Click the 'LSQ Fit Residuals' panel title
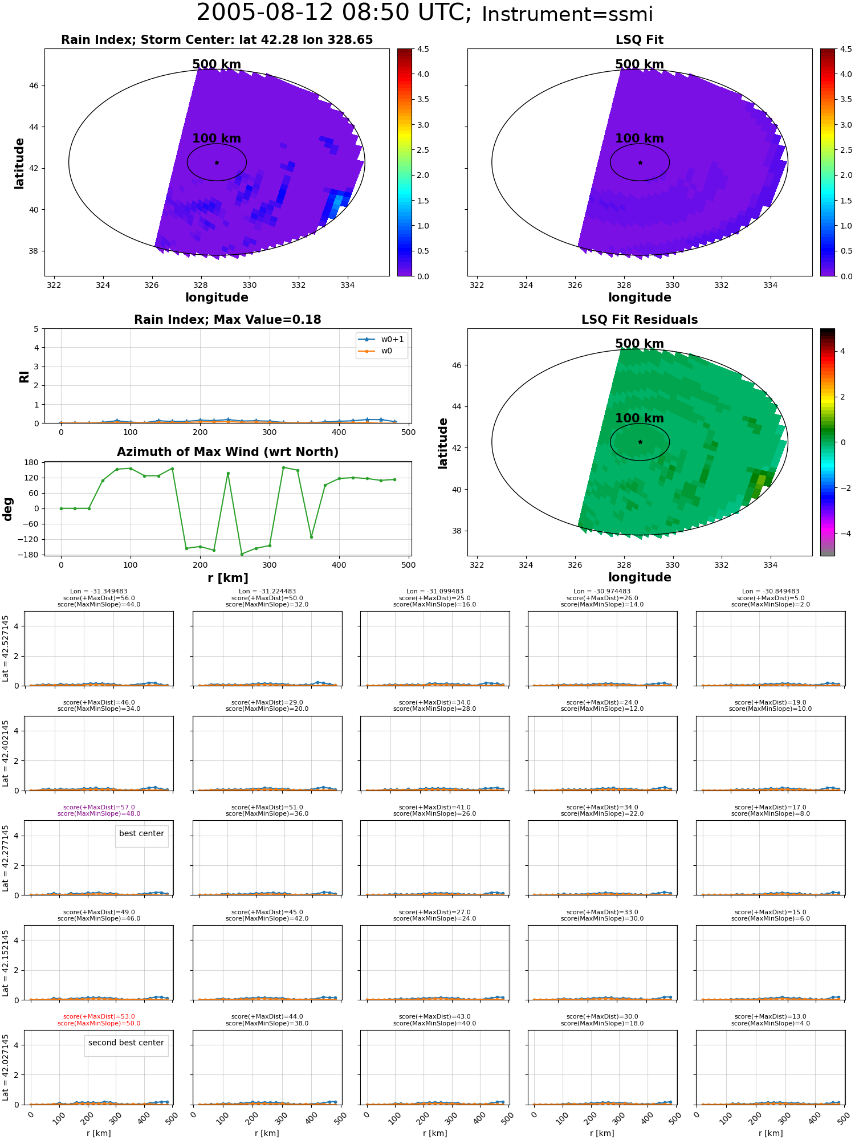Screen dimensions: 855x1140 (x=640, y=320)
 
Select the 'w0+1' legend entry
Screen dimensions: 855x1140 (x=381, y=339)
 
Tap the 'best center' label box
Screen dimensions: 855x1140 (x=141, y=833)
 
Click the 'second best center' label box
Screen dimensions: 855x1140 (x=126, y=1043)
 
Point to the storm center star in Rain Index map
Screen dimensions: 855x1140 (x=217, y=162)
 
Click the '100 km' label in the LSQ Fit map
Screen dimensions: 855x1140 (x=640, y=139)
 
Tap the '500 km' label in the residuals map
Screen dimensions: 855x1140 (x=640, y=344)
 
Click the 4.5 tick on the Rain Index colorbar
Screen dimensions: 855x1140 (x=423, y=49)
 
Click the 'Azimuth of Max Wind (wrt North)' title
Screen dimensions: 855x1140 (x=228, y=452)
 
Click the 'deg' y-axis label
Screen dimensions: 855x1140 (x=8, y=508)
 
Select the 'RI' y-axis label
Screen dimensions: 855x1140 (x=25, y=376)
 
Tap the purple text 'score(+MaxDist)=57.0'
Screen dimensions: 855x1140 (x=99, y=807)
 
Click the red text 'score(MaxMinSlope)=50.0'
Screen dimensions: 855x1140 (x=99, y=1023)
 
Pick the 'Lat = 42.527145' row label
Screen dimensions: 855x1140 (x=6, y=649)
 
